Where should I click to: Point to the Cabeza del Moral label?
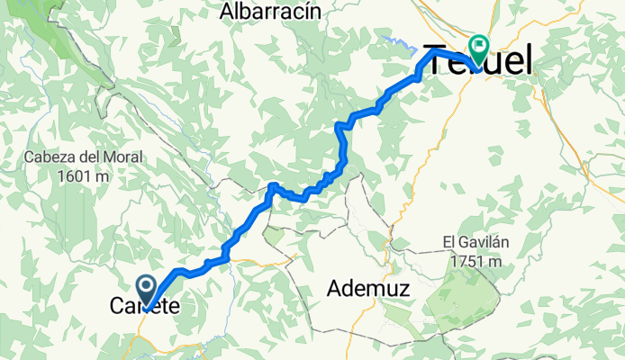[84, 157]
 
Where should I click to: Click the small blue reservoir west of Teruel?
[394, 40]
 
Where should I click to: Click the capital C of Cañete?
[117, 307]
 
